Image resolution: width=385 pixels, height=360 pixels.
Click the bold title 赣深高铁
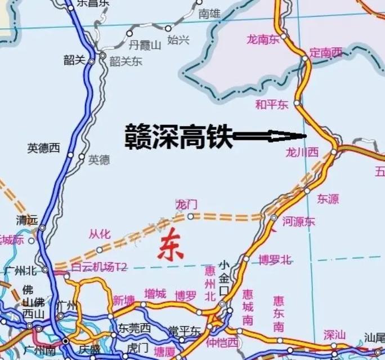178,136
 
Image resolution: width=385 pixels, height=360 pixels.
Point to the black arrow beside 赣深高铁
269,136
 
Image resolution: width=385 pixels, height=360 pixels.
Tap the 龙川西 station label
302,152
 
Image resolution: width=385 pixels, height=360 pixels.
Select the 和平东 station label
271,104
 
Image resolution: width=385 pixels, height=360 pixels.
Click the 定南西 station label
326,53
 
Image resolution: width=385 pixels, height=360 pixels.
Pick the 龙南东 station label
263,39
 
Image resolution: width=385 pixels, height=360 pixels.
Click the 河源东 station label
299,222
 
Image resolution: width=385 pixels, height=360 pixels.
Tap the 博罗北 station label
275,260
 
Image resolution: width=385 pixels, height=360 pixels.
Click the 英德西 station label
43,148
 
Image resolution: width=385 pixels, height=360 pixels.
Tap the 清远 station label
28,220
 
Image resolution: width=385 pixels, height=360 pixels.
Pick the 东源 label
328,198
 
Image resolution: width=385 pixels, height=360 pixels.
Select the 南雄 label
210,14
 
